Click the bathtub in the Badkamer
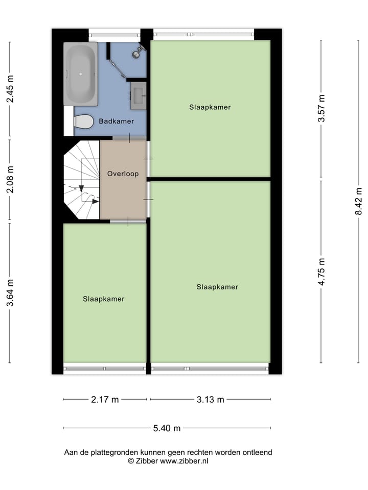tap(80, 73)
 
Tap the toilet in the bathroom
tap(83, 122)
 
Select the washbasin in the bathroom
tap(138, 95)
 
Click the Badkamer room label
tap(116, 121)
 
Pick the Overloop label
tap(123, 174)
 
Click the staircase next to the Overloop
tap(81, 180)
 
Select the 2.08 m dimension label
tap(10, 181)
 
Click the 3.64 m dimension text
tap(10, 293)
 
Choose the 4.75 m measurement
tap(321, 272)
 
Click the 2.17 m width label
tap(105, 400)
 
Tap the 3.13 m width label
tap(210, 400)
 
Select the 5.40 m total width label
tap(167, 428)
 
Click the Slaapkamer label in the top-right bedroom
tap(210, 107)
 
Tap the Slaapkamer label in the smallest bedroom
tap(104, 299)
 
